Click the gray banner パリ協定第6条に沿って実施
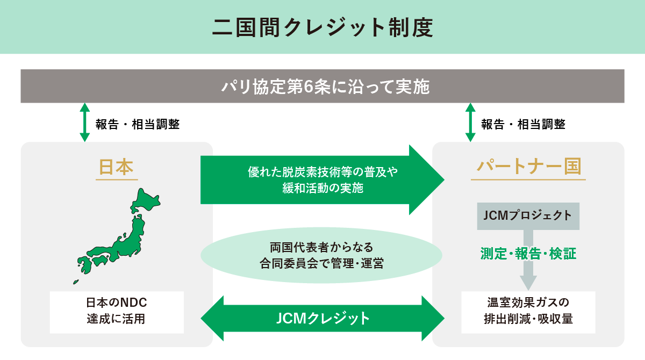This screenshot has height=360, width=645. tap(322, 86)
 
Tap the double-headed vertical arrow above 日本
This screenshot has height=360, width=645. tap(84, 123)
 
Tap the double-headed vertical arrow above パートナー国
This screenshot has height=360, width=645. tap(470, 123)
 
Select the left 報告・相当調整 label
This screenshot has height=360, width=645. tap(138, 125)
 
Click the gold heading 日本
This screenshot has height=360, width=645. tap(116, 167)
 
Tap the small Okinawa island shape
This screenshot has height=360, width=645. tap(76, 282)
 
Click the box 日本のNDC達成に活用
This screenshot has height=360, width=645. tap(117, 312)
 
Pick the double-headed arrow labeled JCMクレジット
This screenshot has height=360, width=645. tap(322, 318)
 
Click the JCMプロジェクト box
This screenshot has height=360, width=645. tap(528, 216)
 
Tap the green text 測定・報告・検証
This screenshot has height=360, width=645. tap(528, 254)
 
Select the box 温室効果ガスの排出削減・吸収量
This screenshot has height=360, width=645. tap(528, 312)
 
